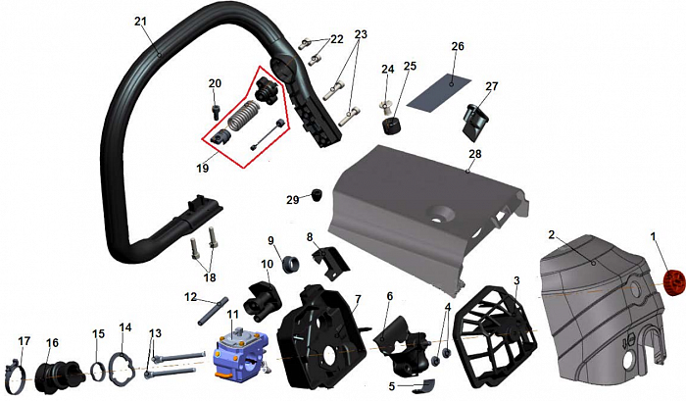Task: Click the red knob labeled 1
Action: pyautogui.click(x=674, y=282)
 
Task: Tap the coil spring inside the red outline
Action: pyautogui.click(x=241, y=116)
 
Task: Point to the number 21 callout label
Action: pyautogui.click(x=141, y=21)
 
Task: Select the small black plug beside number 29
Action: pyautogui.click(x=316, y=195)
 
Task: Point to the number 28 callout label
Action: pyautogui.click(x=474, y=154)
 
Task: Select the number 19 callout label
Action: pyautogui.click(x=203, y=168)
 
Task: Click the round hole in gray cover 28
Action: pyautogui.click(x=442, y=214)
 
